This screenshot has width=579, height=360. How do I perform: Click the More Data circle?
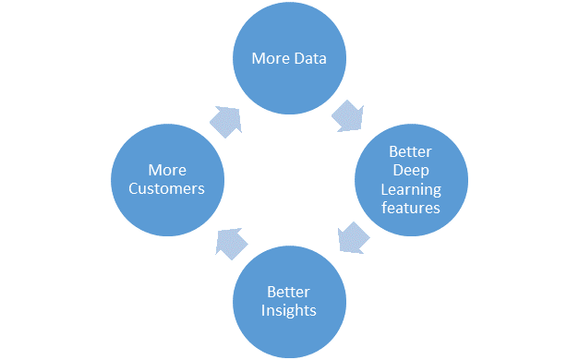tap(288, 58)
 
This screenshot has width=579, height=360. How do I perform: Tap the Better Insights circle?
tap(288, 301)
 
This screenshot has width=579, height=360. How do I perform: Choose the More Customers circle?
tap(166, 179)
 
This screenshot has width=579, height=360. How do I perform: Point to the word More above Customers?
tap(167, 170)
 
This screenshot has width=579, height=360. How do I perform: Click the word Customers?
tap(167, 187)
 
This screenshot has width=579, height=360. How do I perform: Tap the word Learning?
tap(411, 190)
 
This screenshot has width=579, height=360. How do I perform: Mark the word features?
tap(411, 208)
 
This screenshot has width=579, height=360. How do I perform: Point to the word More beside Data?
tap(271, 58)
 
